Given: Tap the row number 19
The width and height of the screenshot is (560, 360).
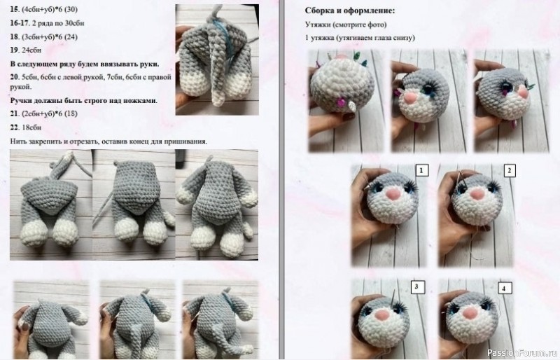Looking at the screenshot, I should pos(15,51).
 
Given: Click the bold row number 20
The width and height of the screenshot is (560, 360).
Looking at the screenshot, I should pos(15,76).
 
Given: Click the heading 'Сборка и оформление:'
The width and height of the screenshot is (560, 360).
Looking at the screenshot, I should pos(350,12).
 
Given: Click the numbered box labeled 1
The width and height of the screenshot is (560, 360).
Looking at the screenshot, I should pos(421,170).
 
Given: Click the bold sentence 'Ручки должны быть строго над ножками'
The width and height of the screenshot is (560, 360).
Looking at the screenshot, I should pos(83,101).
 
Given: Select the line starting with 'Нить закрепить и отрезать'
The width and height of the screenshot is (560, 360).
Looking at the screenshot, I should pos(108,141).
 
